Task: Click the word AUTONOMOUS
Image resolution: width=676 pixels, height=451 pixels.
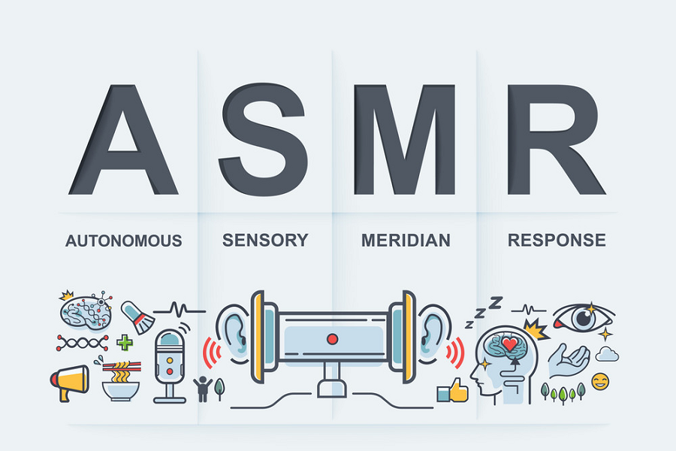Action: [x=124, y=241]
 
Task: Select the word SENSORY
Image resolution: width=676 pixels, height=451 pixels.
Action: [x=265, y=240]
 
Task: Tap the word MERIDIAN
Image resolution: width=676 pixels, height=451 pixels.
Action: [x=406, y=241]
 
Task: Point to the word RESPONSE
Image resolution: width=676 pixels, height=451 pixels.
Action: [x=557, y=240]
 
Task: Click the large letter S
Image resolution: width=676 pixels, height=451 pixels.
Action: [x=264, y=139]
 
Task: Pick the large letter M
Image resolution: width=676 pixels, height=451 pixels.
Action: [x=404, y=139]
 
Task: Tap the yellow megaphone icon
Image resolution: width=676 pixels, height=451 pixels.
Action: [x=69, y=383]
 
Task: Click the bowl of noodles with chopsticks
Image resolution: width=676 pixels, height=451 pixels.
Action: [x=121, y=380]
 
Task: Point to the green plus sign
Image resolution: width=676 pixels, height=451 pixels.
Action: [x=125, y=343]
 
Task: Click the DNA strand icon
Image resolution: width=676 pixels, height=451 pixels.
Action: [x=82, y=343]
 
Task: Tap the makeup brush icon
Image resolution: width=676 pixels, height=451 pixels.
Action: [x=138, y=318]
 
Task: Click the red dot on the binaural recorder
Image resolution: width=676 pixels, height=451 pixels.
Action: [x=333, y=339]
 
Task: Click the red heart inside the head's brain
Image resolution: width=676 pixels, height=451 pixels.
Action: [x=510, y=344]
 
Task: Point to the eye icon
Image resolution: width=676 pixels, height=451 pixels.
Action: [x=584, y=318]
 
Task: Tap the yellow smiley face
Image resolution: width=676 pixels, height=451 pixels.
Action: [x=601, y=382]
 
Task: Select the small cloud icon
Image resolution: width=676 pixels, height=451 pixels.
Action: [x=607, y=354]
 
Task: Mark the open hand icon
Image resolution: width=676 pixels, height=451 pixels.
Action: [x=569, y=361]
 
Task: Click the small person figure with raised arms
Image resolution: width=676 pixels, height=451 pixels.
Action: [x=202, y=388]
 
